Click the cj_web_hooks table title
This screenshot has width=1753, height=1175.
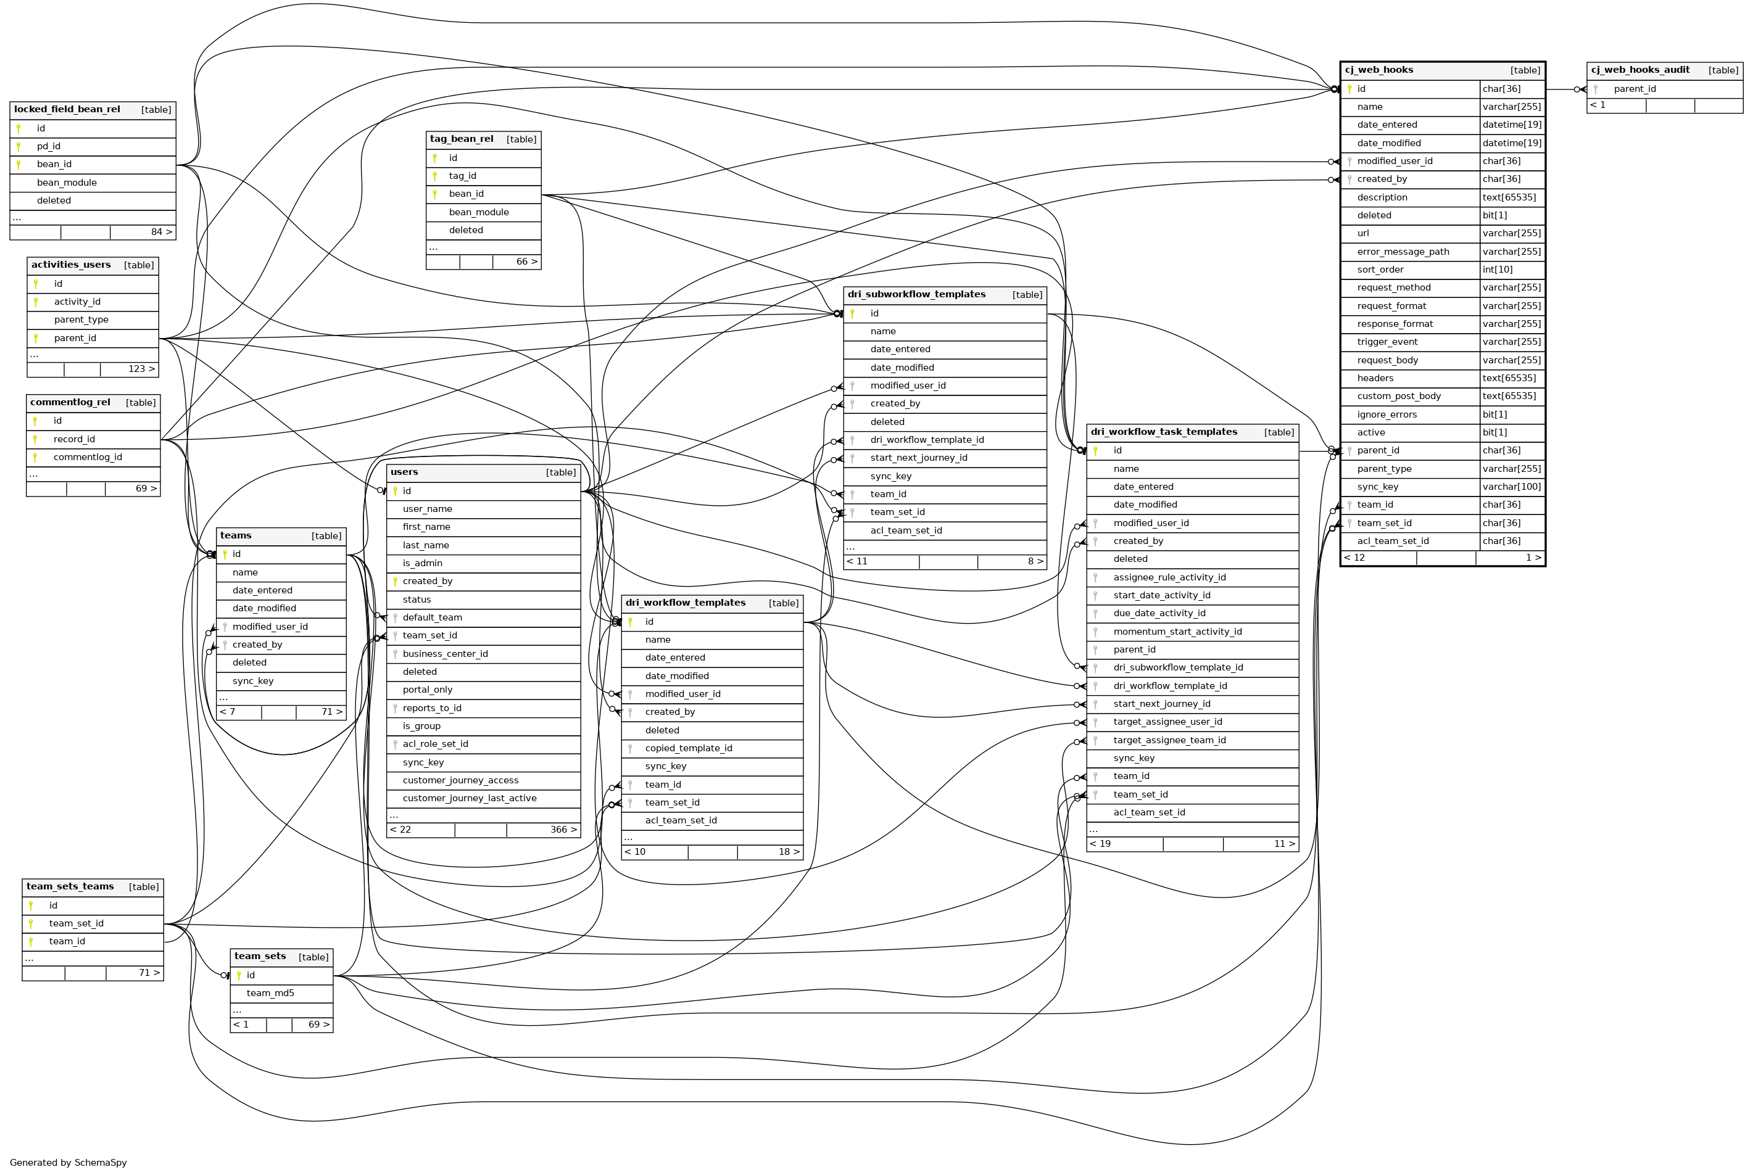click(1378, 70)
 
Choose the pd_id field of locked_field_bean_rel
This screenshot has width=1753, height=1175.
click(49, 147)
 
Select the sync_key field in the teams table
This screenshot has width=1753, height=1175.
click(252, 681)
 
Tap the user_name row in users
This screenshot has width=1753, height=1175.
click(427, 509)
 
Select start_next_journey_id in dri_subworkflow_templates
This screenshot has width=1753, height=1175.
click(918, 458)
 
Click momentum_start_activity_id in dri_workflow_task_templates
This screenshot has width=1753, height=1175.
click(1177, 632)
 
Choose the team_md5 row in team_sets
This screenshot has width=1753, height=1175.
click(270, 994)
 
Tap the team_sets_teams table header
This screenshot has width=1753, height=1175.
click(70, 886)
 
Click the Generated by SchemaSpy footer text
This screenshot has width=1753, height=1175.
click(68, 1162)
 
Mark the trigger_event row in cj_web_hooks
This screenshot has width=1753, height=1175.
click(1386, 342)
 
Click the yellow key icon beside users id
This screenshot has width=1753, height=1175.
click(395, 492)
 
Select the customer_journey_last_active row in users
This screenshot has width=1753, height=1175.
click(469, 799)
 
